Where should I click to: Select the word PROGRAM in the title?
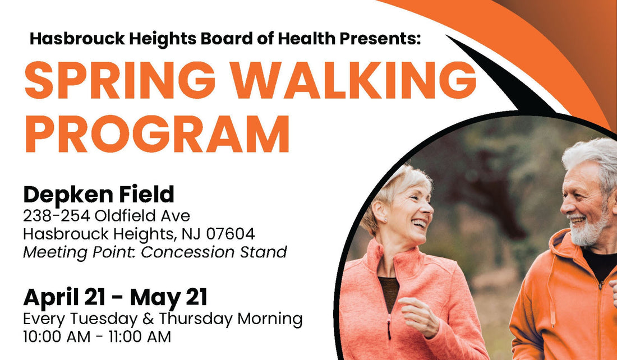(x=157, y=134)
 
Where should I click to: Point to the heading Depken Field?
(x=99, y=195)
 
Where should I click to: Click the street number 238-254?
(x=57, y=215)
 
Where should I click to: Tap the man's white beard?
(x=589, y=230)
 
